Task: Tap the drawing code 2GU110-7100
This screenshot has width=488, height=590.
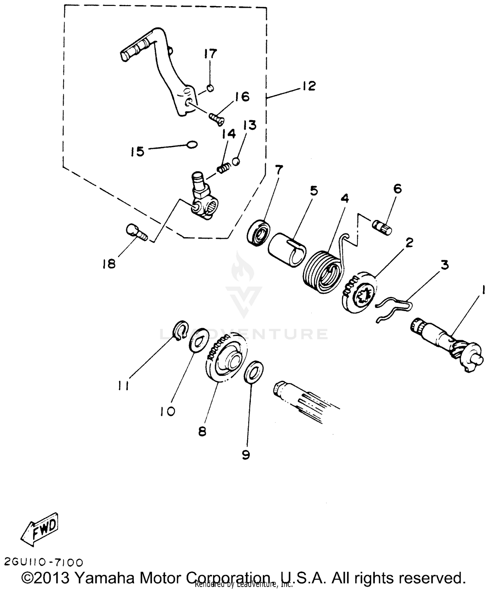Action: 44,562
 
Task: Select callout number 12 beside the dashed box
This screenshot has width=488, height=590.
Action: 308,86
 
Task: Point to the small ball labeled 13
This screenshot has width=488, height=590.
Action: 237,161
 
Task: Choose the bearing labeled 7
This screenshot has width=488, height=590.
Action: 258,233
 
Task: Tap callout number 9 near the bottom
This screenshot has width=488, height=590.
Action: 246,455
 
